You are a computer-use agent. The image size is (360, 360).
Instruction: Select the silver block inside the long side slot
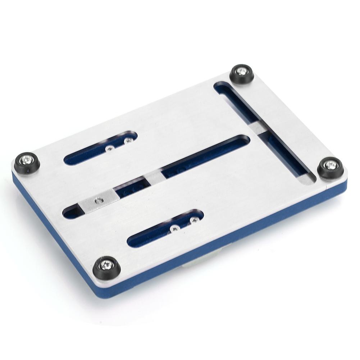259,128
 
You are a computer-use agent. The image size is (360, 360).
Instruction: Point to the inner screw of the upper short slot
109,148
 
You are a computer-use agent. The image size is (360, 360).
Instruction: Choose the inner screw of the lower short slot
174,227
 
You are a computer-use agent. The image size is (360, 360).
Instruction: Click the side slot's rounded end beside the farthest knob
221,88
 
